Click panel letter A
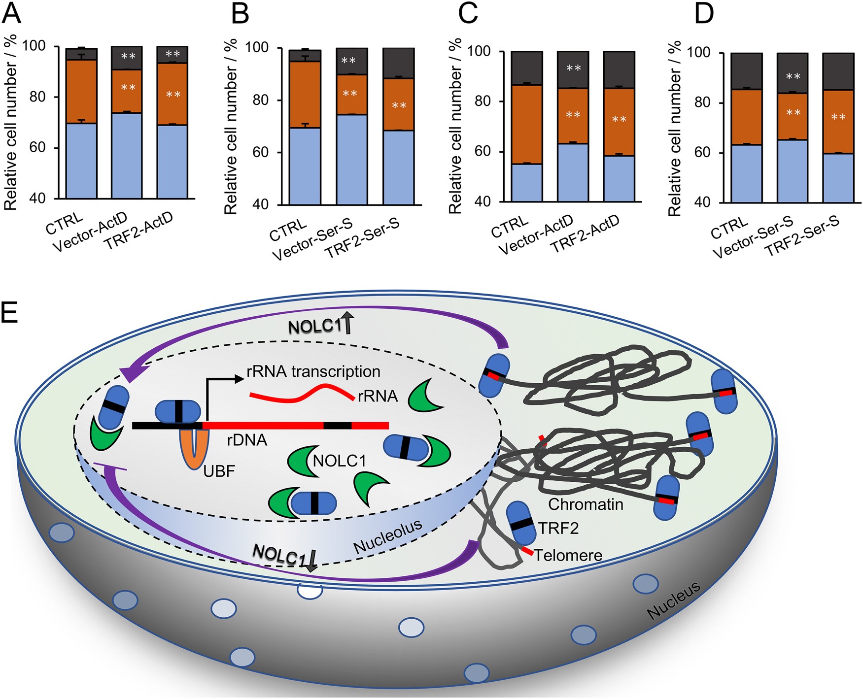12,13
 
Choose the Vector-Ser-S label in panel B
311,240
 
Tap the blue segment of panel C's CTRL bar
527,183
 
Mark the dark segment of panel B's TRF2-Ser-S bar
398,63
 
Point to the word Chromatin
586,504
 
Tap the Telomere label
568,556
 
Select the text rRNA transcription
313,371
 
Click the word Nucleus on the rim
673,600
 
